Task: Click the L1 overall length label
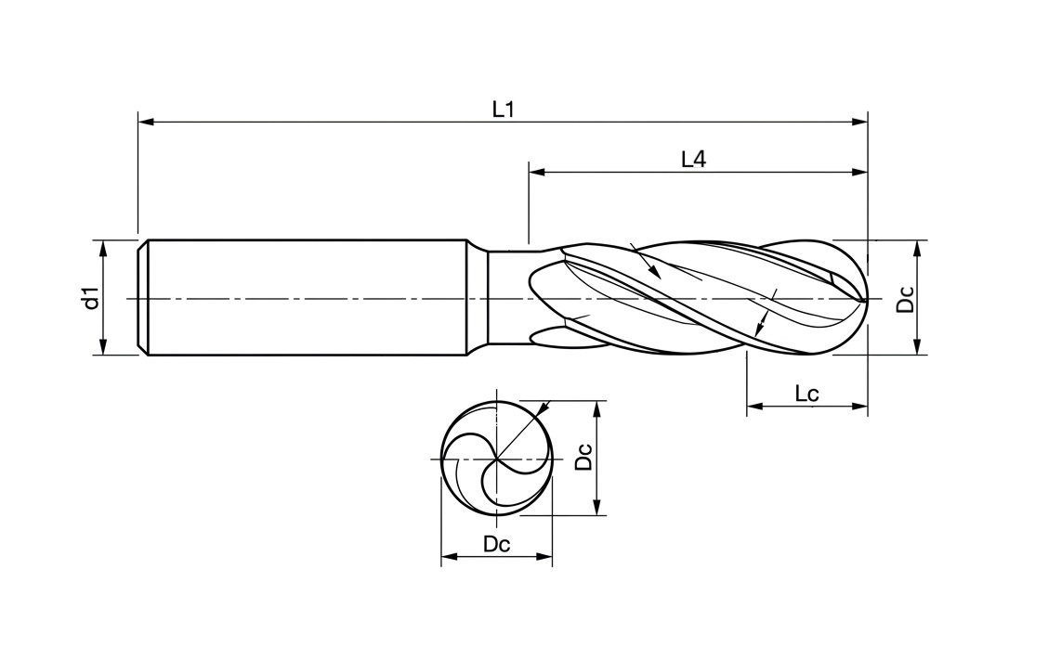coord(503,109)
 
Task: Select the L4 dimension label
coord(693,160)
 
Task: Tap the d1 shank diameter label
coord(90,298)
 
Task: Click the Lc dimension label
coord(806,394)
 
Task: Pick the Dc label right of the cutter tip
coord(906,298)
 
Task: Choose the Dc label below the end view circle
coord(497,545)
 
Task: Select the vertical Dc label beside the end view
coord(583,458)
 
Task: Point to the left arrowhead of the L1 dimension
coord(145,122)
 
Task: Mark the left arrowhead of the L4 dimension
coord(536,172)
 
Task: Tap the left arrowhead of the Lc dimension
coord(753,407)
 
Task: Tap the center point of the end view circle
coord(497,459)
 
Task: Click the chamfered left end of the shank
coord(143,298)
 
